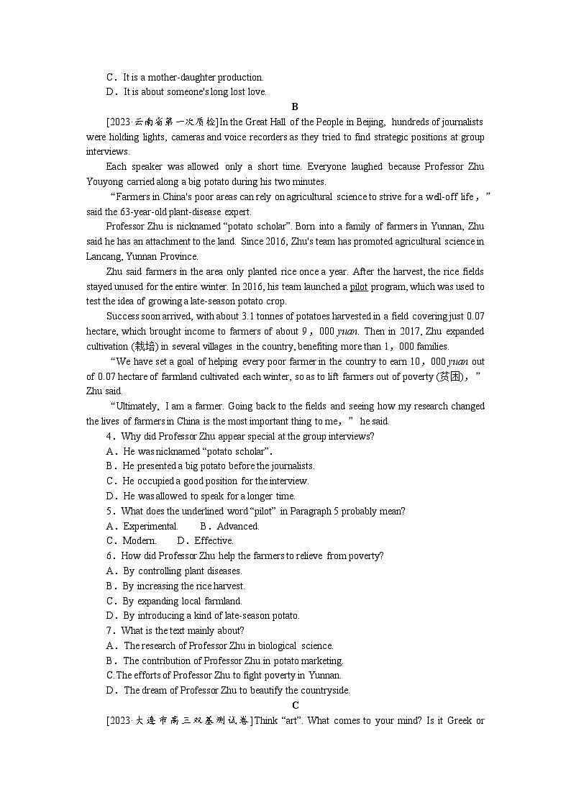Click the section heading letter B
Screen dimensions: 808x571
tap(295, 106)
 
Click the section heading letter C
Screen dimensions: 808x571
tap(295, 706)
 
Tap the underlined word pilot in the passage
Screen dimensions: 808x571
tap(358, 287)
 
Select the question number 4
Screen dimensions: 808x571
tap(109, 437)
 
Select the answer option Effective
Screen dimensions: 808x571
tap(214, 541)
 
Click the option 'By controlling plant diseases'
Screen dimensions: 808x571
tap(182, 571)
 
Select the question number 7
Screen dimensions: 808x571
tap(109, 631)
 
